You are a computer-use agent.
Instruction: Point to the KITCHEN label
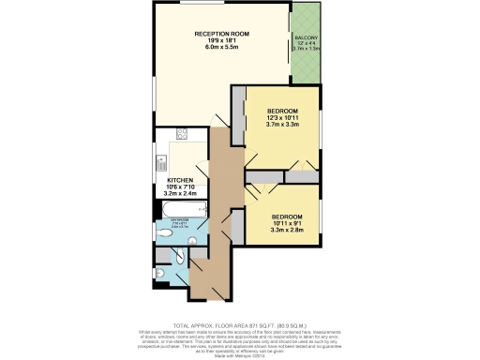pyautogui.click(x=180, y=179)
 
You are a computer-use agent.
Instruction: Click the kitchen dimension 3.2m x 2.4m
pyautogui.click(x=180, y=193)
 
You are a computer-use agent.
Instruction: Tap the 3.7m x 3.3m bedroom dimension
pyautogui.click(x=282, y=124)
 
